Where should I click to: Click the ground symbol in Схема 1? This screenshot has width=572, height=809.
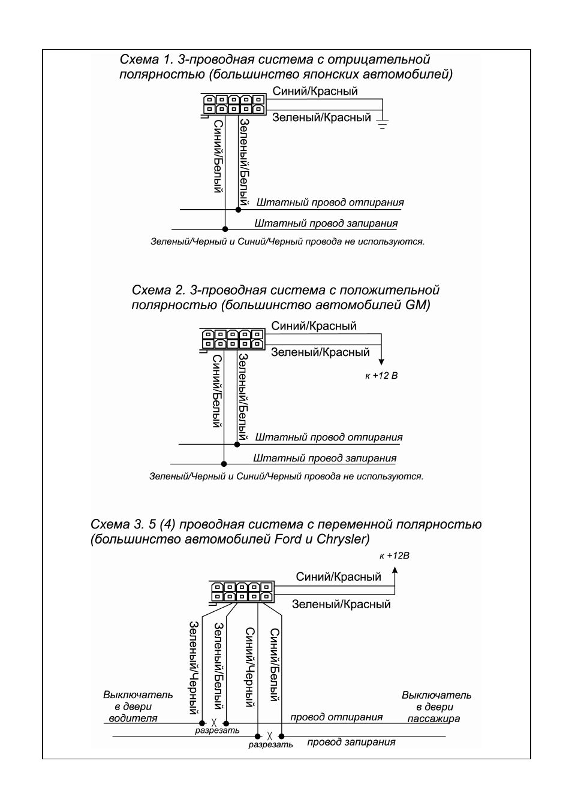383,124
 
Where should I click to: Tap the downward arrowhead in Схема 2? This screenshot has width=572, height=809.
381,362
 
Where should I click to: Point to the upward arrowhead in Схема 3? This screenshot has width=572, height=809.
395,570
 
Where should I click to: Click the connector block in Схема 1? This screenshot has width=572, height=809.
233,105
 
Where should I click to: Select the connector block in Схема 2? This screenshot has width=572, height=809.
233,340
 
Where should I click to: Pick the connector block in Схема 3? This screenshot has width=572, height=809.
242,592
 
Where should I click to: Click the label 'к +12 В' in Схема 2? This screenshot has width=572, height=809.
381,376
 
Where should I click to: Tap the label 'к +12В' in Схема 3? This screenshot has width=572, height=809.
394,556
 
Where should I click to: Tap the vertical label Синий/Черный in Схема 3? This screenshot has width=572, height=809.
251,667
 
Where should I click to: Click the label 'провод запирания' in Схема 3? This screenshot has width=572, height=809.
351,742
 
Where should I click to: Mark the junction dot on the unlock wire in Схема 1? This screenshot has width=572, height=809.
238,210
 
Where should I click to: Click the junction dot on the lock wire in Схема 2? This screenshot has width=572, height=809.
224,464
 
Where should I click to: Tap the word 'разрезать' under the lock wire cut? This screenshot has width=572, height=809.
270,744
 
